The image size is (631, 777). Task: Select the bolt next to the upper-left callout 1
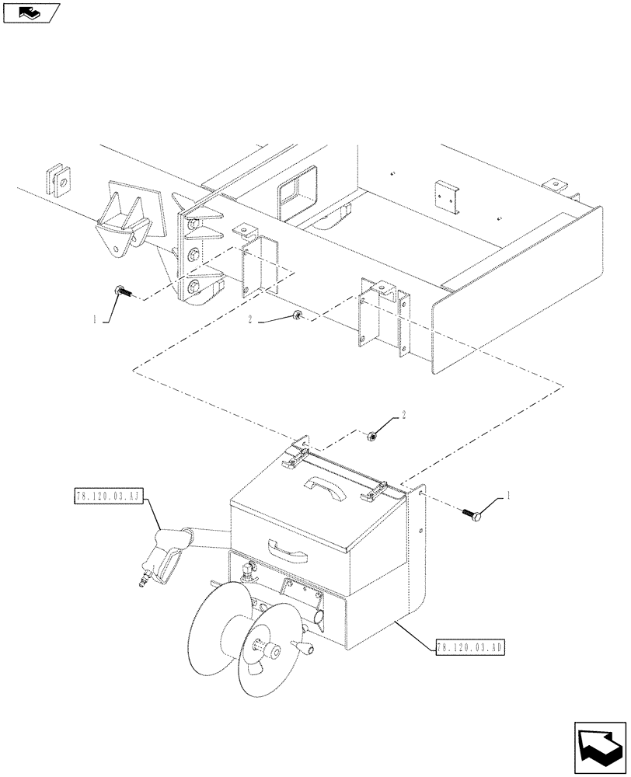click(x=122, y=292)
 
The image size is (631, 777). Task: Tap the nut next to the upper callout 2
click(x=298, y=315)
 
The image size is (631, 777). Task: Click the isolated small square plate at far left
click(x=60, y=180)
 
